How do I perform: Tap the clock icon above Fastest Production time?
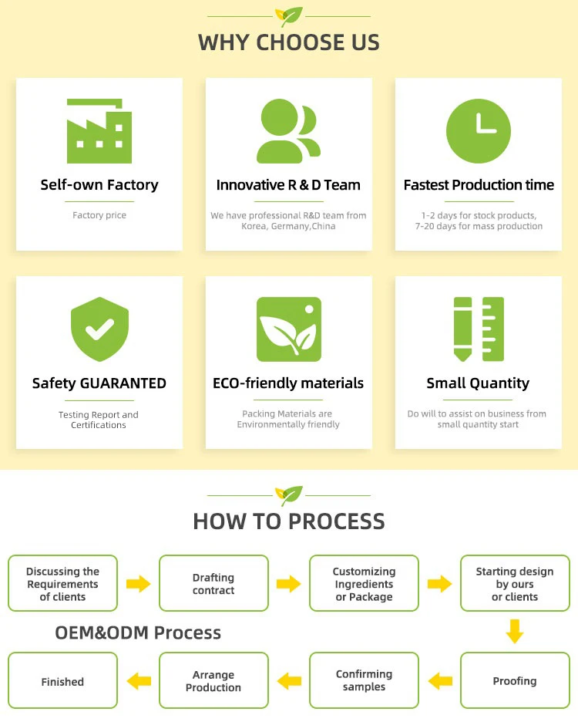(x=479, y=130)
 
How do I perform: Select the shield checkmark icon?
(x=99, y=329)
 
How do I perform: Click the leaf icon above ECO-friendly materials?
(x=289, y=329)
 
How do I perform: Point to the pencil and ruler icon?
(x=479, y=329)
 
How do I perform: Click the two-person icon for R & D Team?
(x=288, y=130)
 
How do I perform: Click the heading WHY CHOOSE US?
(x=289, y=42)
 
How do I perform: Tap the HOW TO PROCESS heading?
(x=289, y=521)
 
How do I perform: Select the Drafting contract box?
(x=213, y=584)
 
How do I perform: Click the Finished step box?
(x=62, y=681)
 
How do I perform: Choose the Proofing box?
(x=515, y=681)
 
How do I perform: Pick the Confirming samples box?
(x=364, y=681)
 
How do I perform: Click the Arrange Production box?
(x=213, y=681)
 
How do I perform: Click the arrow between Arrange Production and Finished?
(x=139, y=681)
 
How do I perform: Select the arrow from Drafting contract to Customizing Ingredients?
(x=289, y=584)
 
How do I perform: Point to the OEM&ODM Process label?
(x=138, y=633)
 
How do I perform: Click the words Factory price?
(x=99, y=215)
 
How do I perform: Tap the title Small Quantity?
(x=478, y=383)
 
